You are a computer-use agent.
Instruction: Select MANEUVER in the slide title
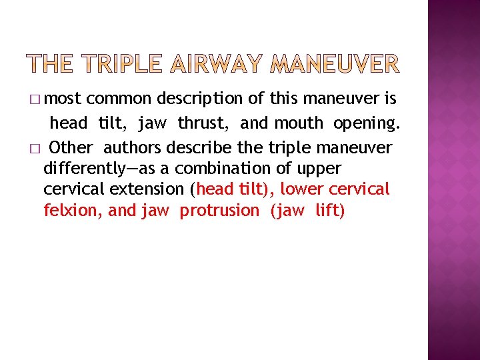(335, 64)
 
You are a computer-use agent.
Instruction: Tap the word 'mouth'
(298, 123)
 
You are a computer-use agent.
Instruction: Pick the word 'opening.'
(367, 123)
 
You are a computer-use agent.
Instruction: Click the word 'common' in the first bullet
(119, 99)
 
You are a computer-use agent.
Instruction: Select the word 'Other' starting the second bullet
(71, 147)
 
